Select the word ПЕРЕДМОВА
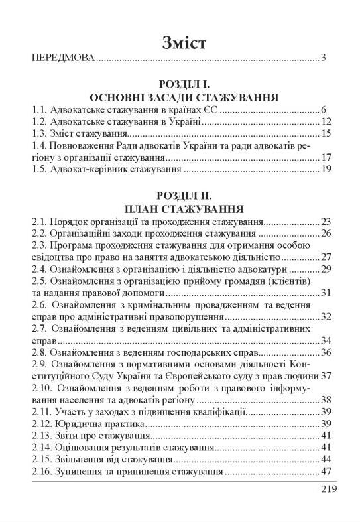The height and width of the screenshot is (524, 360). click(63, 59)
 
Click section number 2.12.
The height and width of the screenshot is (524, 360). click(42, 424)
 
